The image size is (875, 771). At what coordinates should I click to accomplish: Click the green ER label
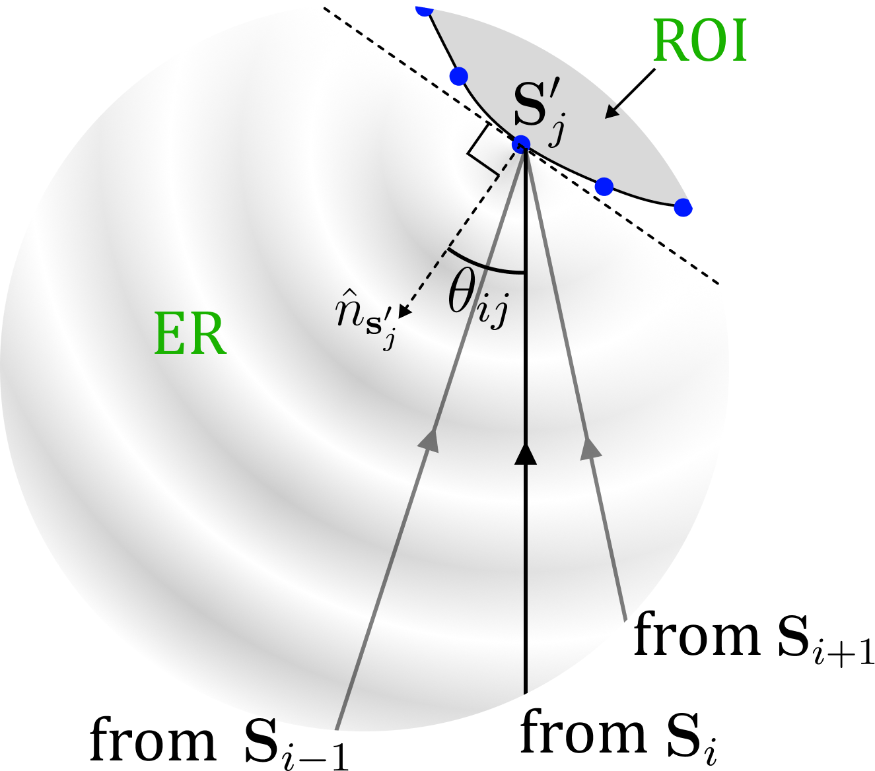pos(190,335)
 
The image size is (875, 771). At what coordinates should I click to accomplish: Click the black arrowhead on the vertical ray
pos(526,455)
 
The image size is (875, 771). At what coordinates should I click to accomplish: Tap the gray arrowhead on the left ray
pos(431,440)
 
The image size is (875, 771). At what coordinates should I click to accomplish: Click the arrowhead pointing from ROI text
pos(612,113)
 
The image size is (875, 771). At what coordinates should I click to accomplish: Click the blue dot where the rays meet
pos(521,144)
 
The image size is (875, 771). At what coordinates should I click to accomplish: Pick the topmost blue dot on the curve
pos(425,9)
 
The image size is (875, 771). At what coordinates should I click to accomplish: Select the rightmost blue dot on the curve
pos(683,208)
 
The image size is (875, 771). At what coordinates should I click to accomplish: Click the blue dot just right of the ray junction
pos(604,187)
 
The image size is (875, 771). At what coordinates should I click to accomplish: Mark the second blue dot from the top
pos(458,76)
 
